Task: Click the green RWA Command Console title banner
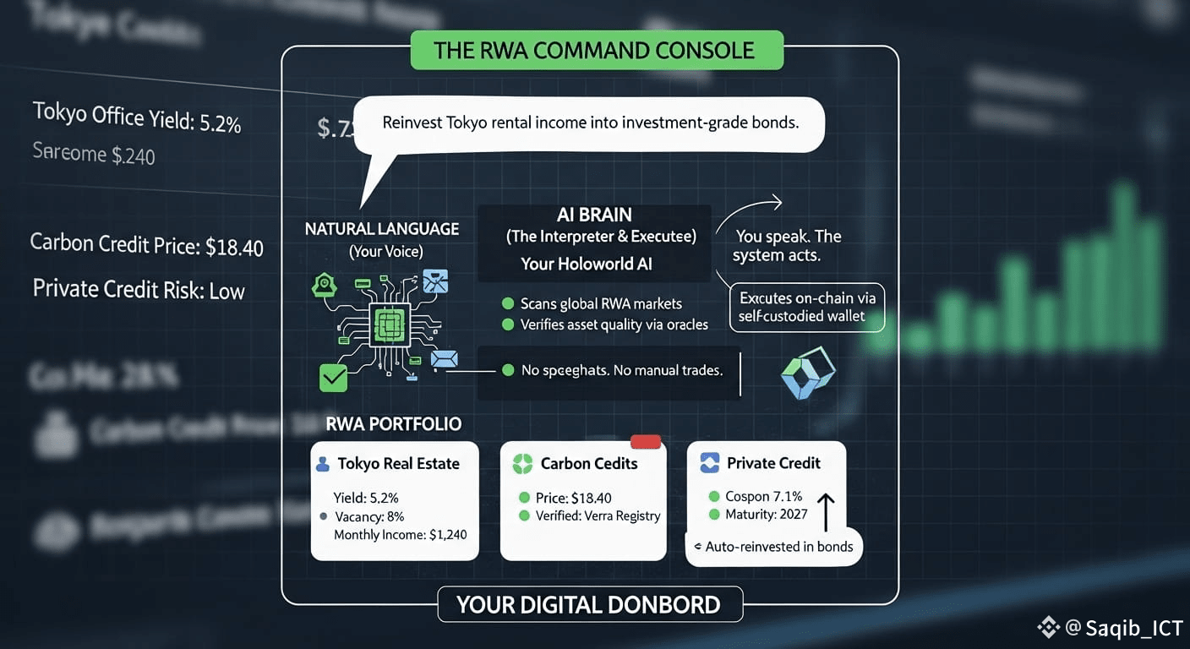pos(596,51)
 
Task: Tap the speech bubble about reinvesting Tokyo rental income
pos(590,123)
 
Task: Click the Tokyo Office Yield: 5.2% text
pos(137,117)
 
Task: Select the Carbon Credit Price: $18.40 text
pos(146,245)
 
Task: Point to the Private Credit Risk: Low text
pos(139,290)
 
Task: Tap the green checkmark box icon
pos(333,377)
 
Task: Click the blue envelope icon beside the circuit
pos(444,359)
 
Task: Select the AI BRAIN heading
pos(594,215)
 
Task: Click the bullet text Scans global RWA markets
pos(600,303)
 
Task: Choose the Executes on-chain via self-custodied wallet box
pos(807,307)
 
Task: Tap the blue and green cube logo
pos(808,373)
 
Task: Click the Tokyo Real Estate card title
pos(398,463)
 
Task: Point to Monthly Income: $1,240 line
pos(400,534)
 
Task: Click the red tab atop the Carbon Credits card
pos(646,441)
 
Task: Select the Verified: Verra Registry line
pos(598,515)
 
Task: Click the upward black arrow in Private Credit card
pos(827,512)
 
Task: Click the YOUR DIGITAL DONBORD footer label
pos(588,605)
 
